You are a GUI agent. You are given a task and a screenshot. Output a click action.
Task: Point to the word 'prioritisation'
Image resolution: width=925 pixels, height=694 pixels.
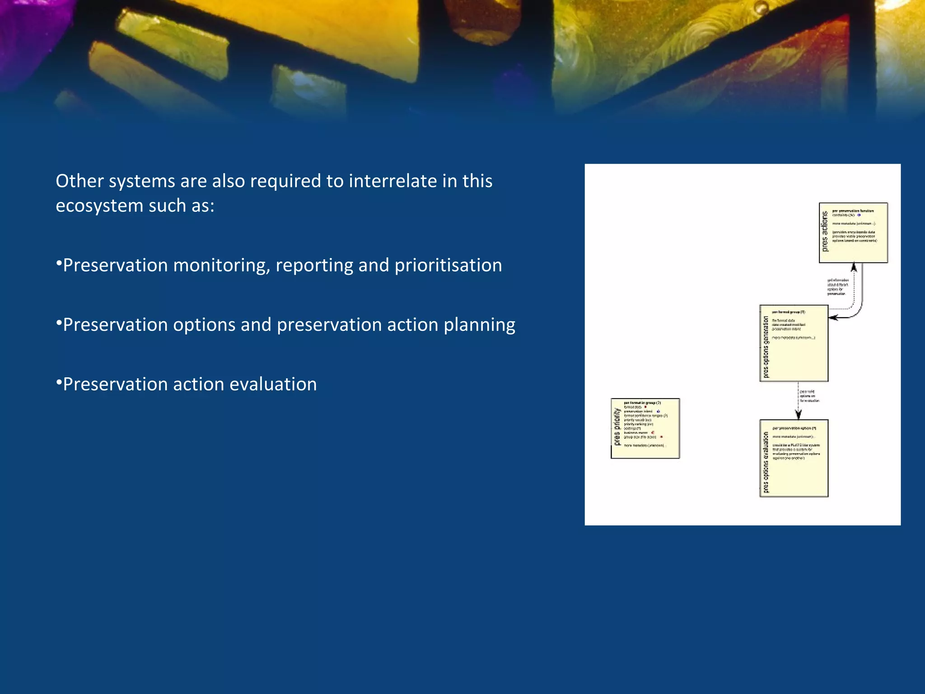[x=448, y=265]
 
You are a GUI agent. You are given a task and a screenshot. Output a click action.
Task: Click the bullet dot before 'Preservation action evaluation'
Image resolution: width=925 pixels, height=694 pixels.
[x=59, y=383]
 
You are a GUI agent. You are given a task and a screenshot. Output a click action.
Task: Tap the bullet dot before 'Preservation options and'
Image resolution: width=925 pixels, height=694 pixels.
[x=59, y=323]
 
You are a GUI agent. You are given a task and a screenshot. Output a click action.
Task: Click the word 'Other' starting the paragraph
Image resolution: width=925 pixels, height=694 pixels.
[x=79, y=181]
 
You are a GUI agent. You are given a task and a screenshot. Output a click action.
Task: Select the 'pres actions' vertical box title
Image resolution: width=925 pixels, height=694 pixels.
[x=825, y=231]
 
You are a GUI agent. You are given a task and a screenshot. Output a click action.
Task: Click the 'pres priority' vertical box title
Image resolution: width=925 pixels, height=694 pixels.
[x=617, y=427]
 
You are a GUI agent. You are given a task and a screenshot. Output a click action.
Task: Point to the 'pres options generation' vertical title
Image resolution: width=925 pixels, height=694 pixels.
[x=766, y=346]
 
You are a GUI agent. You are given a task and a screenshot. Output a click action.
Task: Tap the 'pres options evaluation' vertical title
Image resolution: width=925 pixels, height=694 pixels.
[x=766, y=462]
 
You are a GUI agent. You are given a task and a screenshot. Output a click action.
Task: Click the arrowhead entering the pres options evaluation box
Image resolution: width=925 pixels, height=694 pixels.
[x=798, y=415]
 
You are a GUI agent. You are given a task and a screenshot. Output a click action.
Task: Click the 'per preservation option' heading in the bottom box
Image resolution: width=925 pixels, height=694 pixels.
[x=794, y=428]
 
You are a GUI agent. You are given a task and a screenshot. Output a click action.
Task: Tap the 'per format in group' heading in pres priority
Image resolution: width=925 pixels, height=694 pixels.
[x=642, y=403]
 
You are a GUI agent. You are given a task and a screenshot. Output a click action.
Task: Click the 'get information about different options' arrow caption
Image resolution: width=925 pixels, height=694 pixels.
[x=838, y=287]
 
